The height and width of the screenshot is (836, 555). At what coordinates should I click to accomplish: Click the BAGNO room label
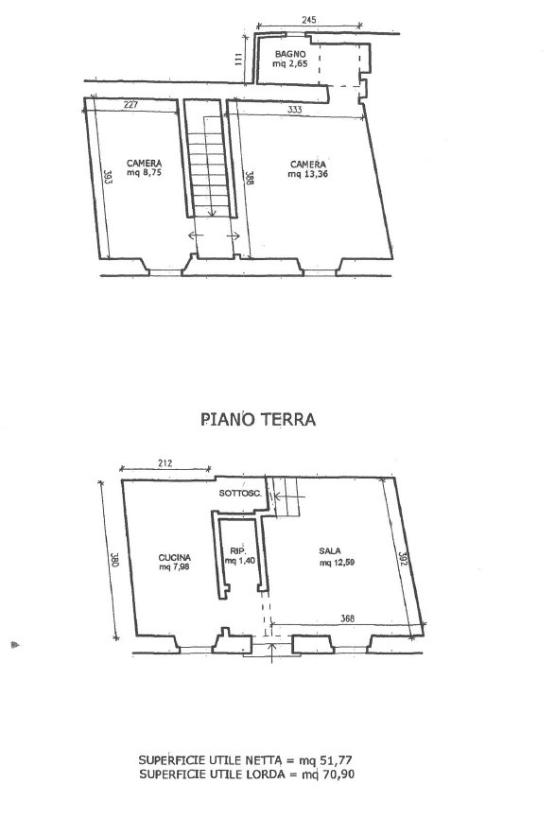(x=290, y=54)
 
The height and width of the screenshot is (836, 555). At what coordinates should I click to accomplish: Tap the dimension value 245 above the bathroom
(x=308, y=20)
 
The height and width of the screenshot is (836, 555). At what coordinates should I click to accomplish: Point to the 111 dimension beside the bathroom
(x=238, y=59)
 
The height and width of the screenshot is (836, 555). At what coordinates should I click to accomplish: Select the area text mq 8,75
(x=144, y=173)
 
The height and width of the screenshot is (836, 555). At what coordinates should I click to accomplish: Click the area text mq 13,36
(x=308, y=174)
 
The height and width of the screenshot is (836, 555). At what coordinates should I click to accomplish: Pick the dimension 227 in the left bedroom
(x=130, y=104)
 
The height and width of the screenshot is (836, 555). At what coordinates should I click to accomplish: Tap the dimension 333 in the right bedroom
(x=295, y=110)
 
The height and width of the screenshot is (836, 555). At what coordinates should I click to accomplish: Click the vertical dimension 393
(x=107, y=178)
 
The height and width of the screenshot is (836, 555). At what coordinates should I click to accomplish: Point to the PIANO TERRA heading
(x=258, y=420)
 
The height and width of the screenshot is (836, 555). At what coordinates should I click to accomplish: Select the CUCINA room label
(x=174, y=558)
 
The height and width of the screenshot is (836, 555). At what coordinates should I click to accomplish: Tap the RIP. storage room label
(x=236, y=550)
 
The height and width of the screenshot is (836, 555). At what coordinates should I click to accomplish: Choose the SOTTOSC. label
(x=240, y=494)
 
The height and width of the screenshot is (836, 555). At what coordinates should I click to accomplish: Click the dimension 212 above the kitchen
(x=165, y=463)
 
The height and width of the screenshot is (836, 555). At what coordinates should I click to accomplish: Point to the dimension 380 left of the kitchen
(x=114, y=560)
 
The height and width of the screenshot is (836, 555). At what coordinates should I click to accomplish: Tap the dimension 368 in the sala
(x=348, y=618)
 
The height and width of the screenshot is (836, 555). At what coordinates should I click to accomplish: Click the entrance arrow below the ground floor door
(x=272, y=653)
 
